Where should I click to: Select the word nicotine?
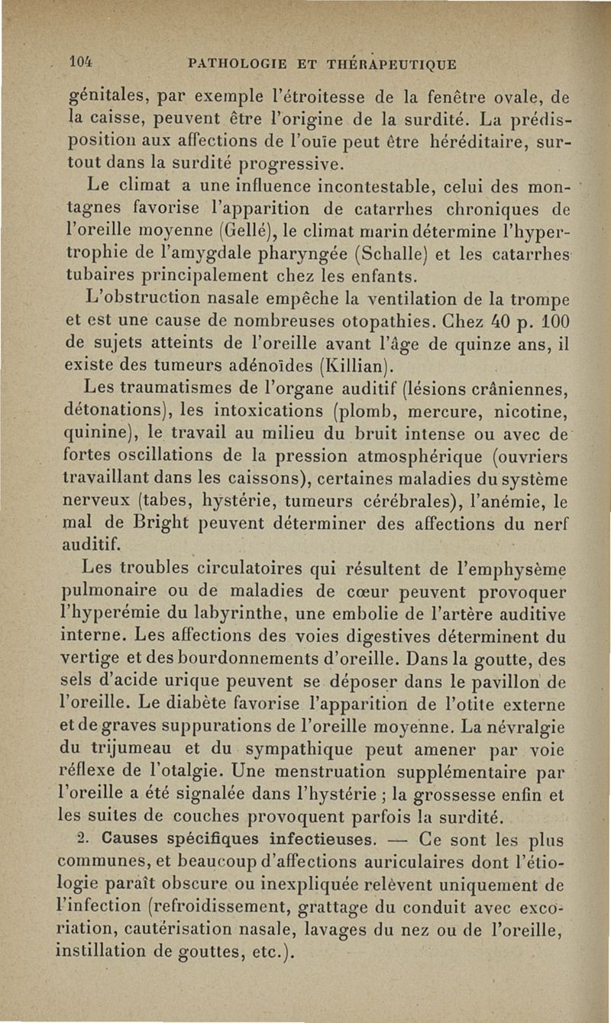(526, 416)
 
